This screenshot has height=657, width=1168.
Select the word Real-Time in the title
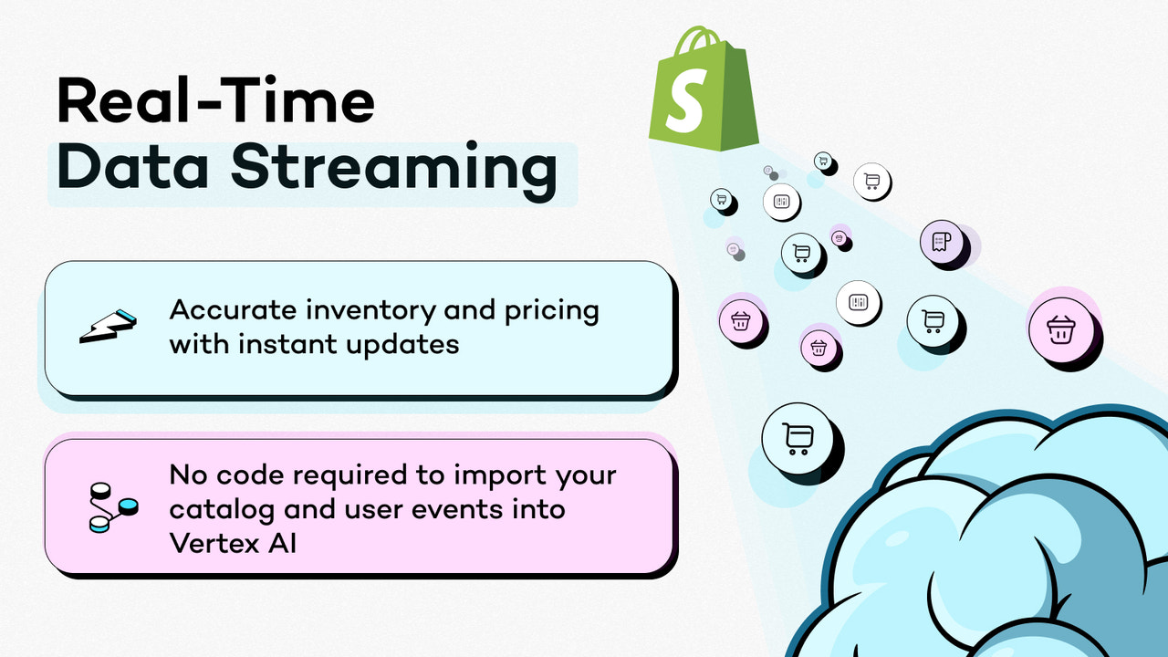click(x=215, y=101)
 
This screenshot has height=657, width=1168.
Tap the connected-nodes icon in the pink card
click(x=111, y=508)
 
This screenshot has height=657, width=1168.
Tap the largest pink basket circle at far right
click(x=1059, y=328)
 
